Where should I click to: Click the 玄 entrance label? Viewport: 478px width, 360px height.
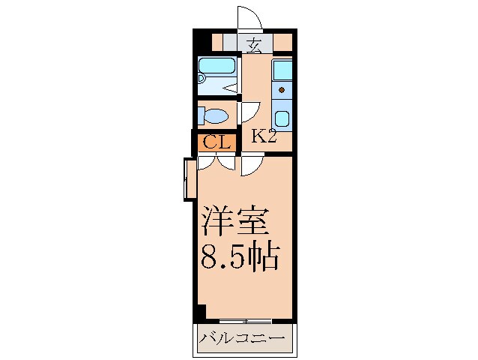click(254, 45)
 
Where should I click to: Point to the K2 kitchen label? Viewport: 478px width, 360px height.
click(264, 136)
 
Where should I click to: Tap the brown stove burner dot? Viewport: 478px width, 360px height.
click(282, 90)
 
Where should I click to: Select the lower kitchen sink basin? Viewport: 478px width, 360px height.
click(282, 118)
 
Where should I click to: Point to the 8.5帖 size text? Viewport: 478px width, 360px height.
click(240, 259)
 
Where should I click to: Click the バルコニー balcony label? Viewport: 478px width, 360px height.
click(243, 340)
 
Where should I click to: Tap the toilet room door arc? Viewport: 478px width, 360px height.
click(247, 113)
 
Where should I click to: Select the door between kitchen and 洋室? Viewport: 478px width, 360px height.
click(250, 165)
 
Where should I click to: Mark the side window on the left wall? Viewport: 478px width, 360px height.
click(187, 179)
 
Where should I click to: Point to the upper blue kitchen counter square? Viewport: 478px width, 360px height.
click(282, 70)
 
